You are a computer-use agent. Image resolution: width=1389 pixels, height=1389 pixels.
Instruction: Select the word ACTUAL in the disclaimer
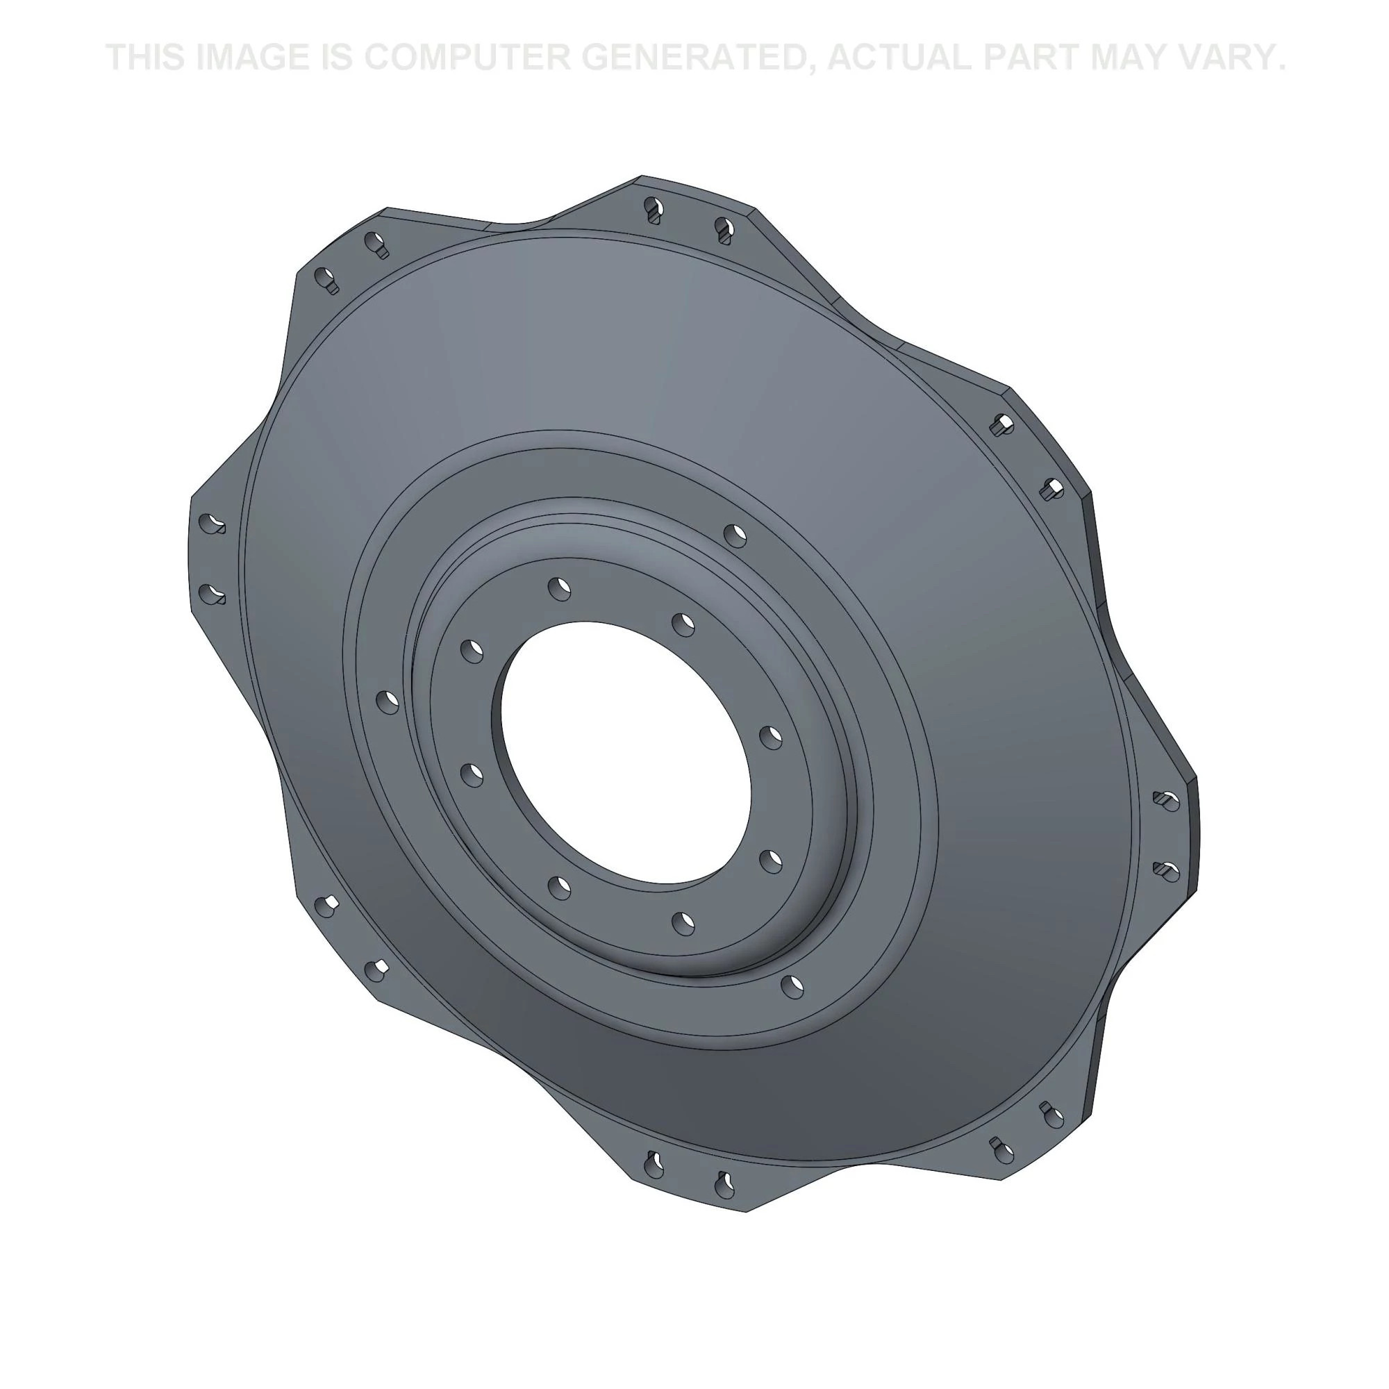click(899, 58)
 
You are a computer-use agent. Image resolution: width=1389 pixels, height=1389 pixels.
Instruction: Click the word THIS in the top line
click(146, 58)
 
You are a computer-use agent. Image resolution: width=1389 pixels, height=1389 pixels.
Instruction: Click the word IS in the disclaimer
click(335, 58)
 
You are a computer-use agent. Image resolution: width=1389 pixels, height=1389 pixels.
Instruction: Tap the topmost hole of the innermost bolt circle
click(559, 588)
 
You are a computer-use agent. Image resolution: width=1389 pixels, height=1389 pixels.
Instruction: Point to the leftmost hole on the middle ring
click(388, 701)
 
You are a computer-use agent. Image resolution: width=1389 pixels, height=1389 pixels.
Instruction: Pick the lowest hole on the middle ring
click(792, 985)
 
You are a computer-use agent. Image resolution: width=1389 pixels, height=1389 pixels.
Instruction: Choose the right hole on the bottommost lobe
click(724, 1183)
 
